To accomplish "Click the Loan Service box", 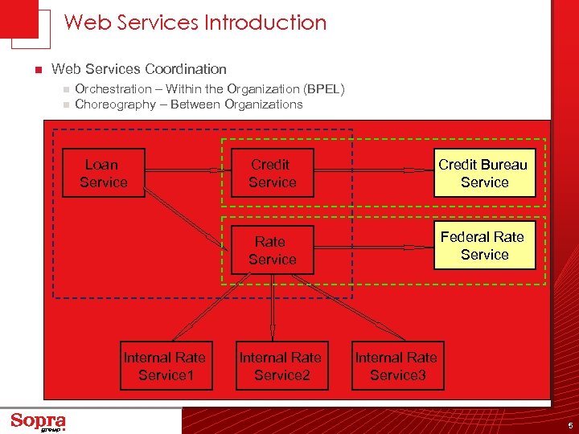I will pos(103,173).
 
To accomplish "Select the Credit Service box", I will pos(272,173).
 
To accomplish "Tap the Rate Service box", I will pos(272,250).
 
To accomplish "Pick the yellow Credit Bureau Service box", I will pos(484,173).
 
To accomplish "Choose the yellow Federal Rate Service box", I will pos(484,245).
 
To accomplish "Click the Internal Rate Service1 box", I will pos(166,366).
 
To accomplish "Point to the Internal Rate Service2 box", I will pos(281,366).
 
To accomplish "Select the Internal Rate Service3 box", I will pos(397,366).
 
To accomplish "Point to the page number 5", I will pos(569,425).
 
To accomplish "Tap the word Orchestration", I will pos(113,89).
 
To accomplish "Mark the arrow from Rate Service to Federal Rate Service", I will pos(373,247).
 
